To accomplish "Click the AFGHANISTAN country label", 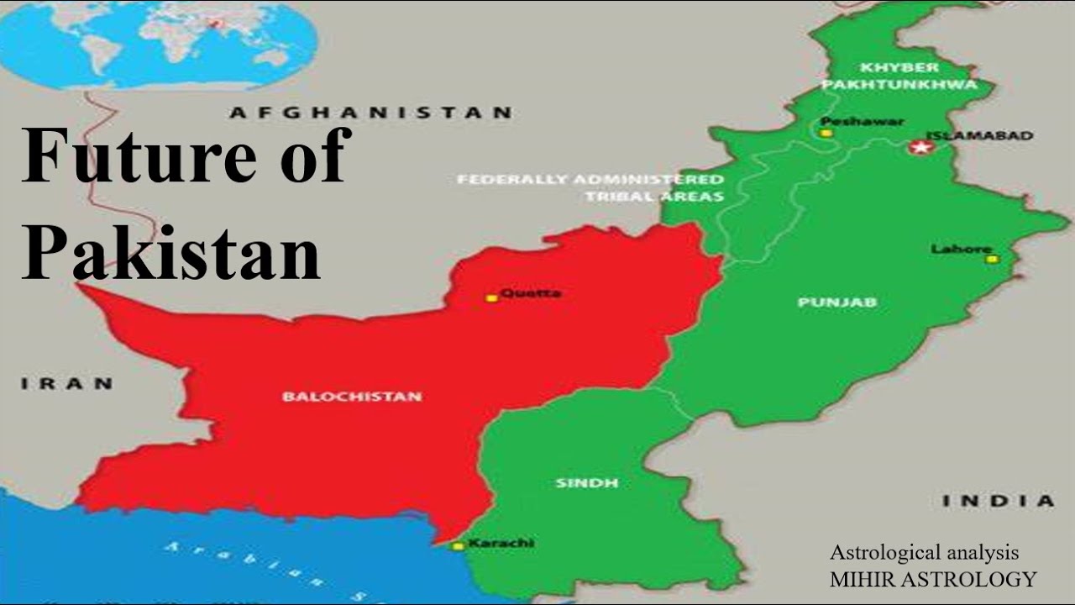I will tap(370, 113).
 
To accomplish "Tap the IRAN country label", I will tap(67, 384).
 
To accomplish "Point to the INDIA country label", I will tap(998, 501).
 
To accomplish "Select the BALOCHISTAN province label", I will tap(352, 396).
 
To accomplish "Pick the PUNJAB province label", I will tap(837, 302).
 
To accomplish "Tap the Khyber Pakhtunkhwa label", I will tap(899, 76).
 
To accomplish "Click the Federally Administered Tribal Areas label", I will tap(590, 187).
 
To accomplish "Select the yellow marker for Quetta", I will tap(492, 297).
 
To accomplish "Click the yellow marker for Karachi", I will tap(458, 546).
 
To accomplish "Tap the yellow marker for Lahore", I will tap(992, 259).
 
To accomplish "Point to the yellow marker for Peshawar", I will tap(826, 133).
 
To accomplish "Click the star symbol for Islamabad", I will tap(921, 148).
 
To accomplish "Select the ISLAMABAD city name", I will tap(979, 135).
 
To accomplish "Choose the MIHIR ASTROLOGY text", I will tap(932, 579).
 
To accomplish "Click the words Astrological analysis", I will tap(924, 553).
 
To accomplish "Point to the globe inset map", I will tap(160, 42).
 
